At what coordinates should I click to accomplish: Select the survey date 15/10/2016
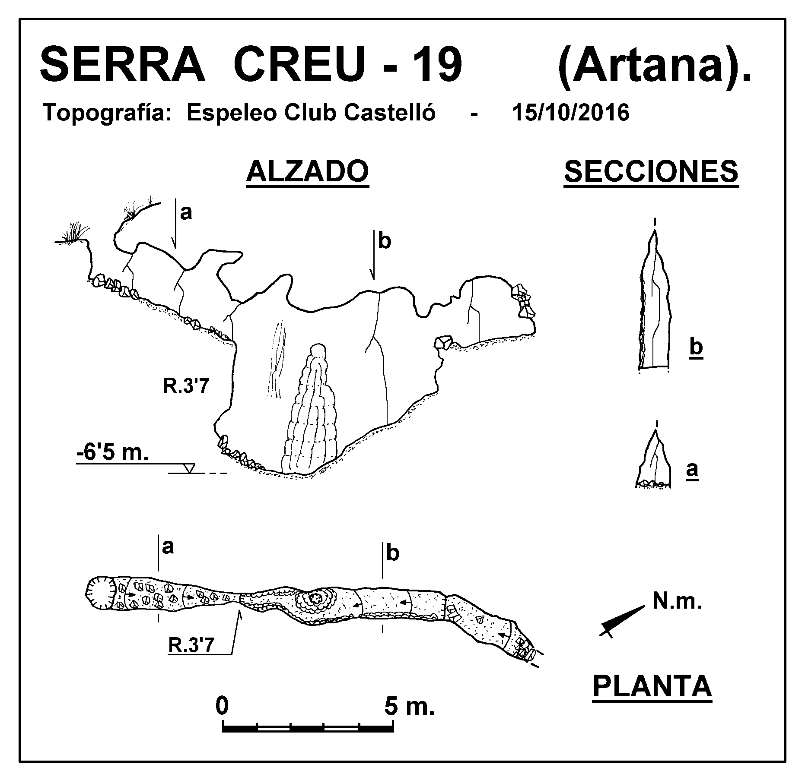pyautogui.click(x=570, y=113)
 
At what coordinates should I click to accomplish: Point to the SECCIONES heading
pyautogui.click(x=651, y=171)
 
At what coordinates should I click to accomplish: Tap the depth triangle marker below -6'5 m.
pyautogui.click(x=189, y=468)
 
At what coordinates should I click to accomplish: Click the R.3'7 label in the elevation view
pyautogui.click(x=186, y=386)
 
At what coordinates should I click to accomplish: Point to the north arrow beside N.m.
pyautogui.click(x=622, y=620)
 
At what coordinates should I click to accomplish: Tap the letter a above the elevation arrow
pyautogui.click(x=186, y=212)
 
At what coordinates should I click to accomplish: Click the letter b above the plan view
pyautogui.click(x=392, y=554)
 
